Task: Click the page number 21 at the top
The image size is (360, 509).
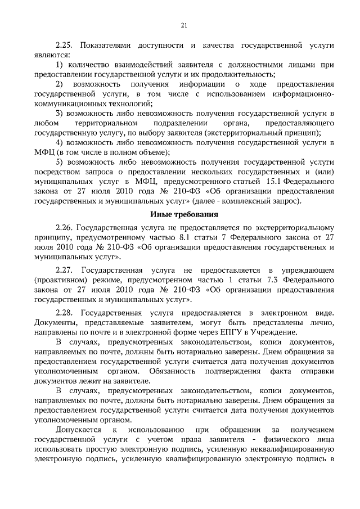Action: point(183,24)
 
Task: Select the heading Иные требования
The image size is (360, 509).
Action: point(183,214)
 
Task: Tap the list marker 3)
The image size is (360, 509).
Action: point(60,114)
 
